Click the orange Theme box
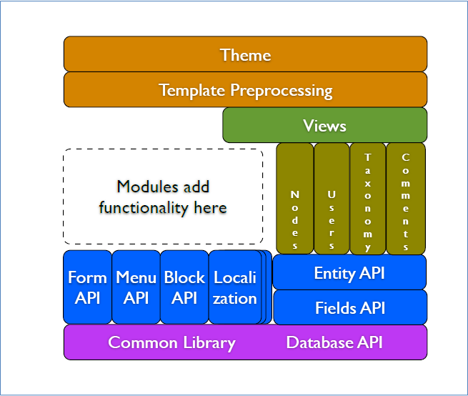click(x=245, y=54)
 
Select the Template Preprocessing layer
click(x=245, y=89)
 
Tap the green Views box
click(x=324, y=125)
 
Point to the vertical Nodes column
click(x=295, y=199)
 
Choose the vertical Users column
click(x=332, y=199)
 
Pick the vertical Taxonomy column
click(x=368, y=199)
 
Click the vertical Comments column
click(x=406, y=199)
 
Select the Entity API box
click(x=349, y=272)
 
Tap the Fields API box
click(x=350, y=307)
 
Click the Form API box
click(x=87, y=287)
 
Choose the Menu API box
click(x=136, y=287)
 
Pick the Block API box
click(x=184, y=287)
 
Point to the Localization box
click(x=235, y=287)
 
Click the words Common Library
click(x=172, y=343)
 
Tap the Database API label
click(x=334, y=342)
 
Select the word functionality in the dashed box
click(x=144, y=208)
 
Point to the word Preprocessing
click(x=282, y=91)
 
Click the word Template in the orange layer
click(x=192, y=90)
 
